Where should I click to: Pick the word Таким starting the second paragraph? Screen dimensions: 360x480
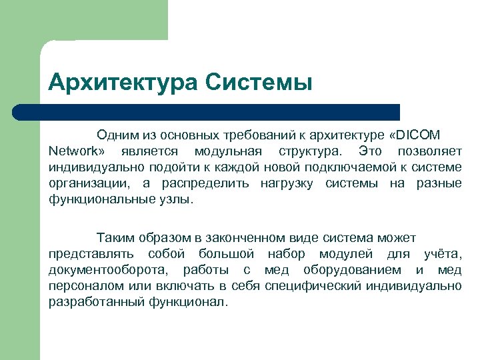pos(113,237)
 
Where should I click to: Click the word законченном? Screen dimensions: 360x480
pos(239,237)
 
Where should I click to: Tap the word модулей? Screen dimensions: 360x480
pos(347,253)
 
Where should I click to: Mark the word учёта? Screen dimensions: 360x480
pos(442,253)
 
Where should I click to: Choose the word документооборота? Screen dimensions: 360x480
pos(107,269)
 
